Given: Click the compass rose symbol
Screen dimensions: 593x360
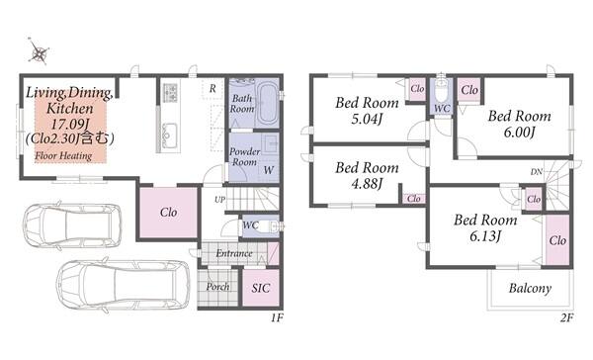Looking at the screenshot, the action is pos(39,51).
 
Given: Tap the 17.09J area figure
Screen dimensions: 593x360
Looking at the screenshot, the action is pos(69,124).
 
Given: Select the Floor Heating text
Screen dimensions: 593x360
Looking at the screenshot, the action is pos(63,155).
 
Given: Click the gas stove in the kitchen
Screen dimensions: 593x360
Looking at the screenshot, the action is pos(170,93).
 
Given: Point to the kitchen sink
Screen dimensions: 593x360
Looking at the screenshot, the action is pos(169,135).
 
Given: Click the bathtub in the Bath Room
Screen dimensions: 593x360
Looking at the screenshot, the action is pos(268,103).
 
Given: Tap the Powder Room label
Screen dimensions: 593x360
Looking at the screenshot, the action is pos(245,156).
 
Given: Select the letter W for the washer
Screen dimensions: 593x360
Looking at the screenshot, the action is pos(269,170).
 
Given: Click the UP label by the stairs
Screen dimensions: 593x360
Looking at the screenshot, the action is pos(219,200).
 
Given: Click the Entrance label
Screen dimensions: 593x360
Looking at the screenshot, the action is pos(234,253).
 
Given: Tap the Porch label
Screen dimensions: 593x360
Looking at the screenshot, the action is pos(217,287).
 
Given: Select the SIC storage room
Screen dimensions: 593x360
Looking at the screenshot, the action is pos(261,288).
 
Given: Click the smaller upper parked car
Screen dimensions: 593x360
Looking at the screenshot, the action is pos(72,225).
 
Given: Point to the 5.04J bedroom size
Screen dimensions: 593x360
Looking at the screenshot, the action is pos(367,120).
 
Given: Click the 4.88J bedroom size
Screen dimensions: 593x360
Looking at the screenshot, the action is pos(367,184).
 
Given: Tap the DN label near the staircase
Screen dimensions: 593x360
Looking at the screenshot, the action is pos(537,172).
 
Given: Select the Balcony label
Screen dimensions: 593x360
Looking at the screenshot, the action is pos(530,289).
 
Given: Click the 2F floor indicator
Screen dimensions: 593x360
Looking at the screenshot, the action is pos(566,317).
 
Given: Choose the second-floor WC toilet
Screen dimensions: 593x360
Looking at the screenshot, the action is pos(442,90).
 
